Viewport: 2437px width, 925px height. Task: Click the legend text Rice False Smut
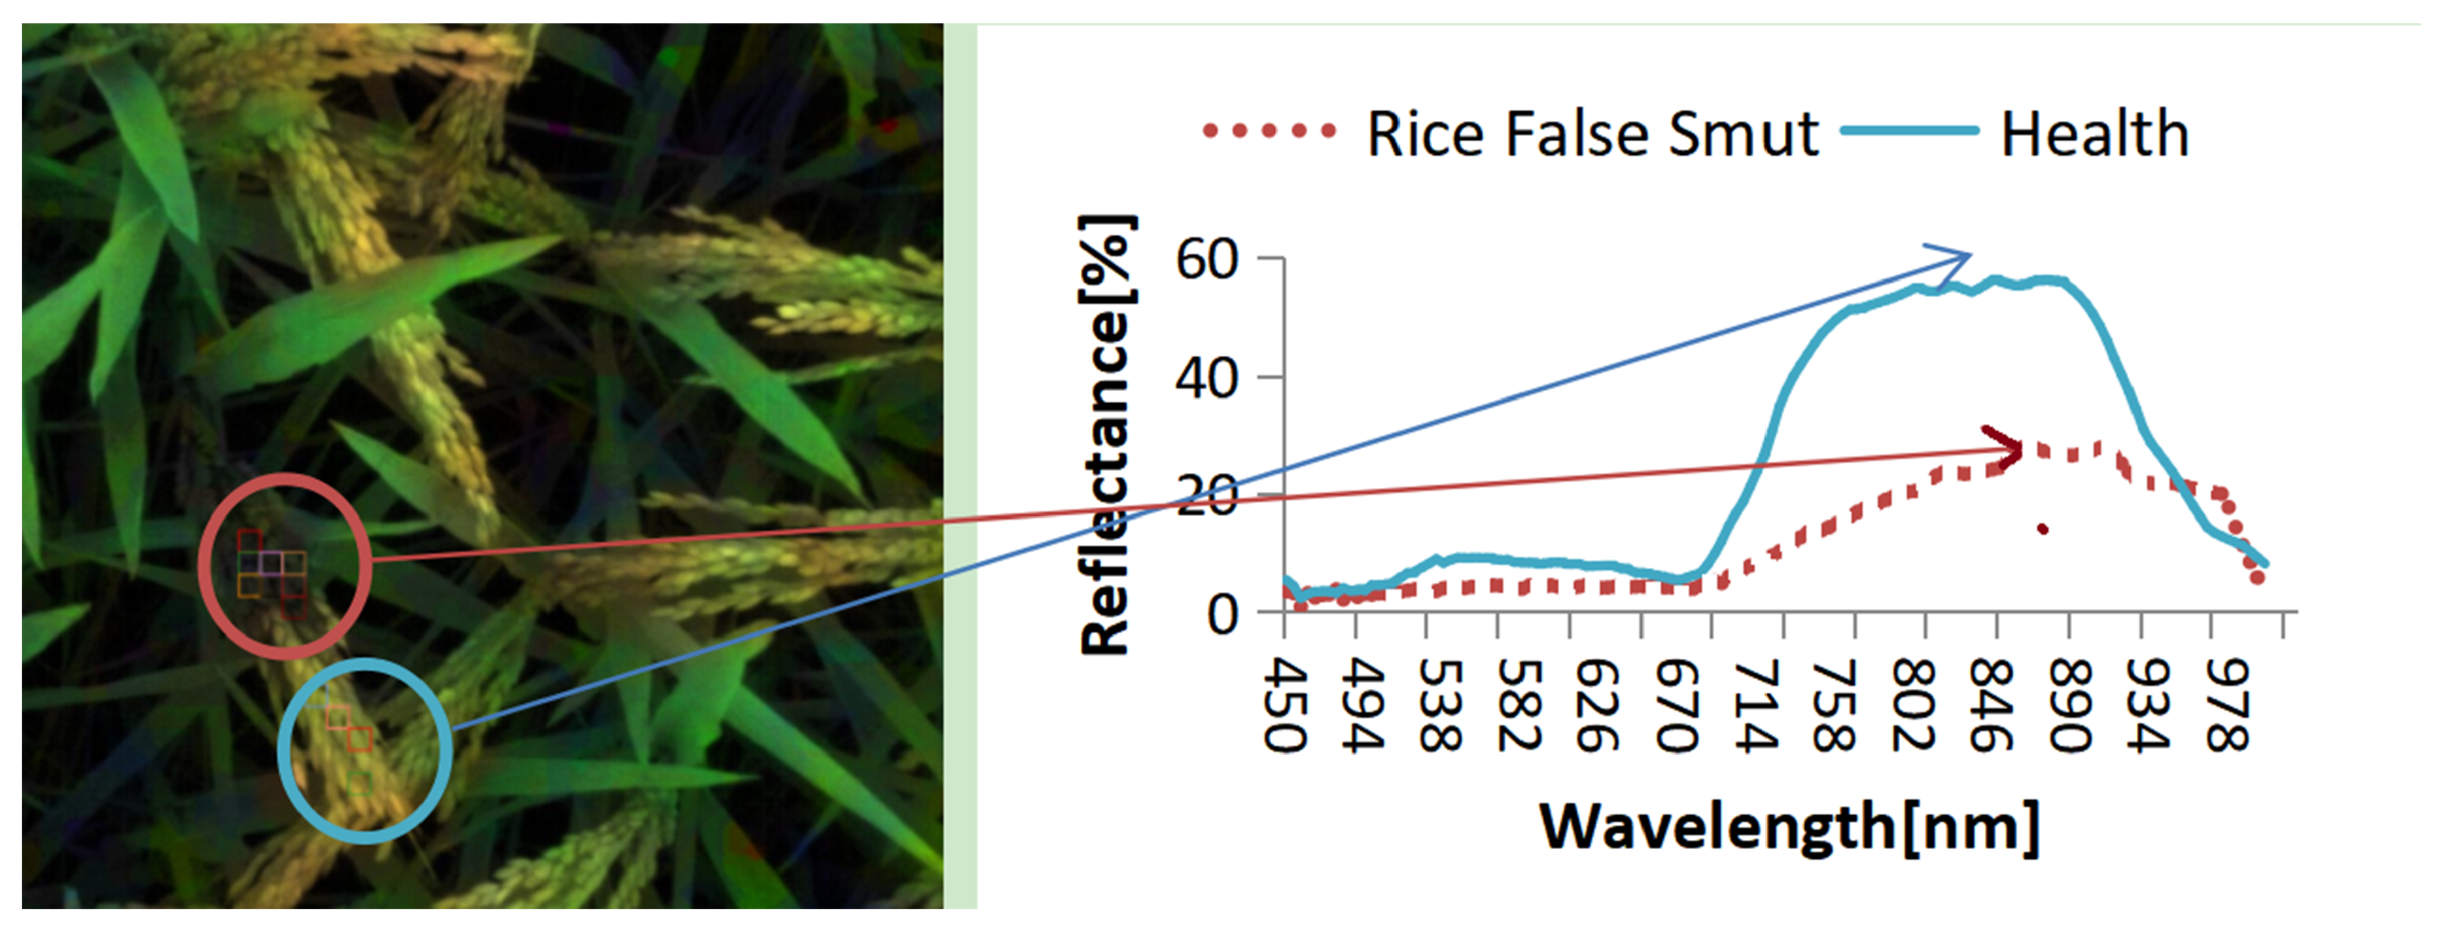point(1592,135)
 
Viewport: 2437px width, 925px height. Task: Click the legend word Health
point(2095,135)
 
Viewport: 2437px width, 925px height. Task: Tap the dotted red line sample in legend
point(1267,131)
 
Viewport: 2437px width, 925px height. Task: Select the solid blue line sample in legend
point(1909,131)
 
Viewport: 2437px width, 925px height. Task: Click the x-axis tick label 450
point(1285,705)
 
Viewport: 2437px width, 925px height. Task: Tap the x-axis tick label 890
point(2070,705)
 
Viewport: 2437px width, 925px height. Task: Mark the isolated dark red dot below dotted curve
point(2043,529)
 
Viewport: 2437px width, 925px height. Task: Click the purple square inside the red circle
point(271,564)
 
